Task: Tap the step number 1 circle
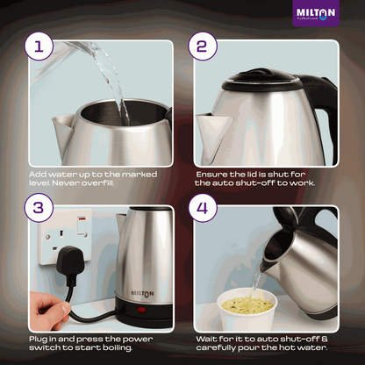37,48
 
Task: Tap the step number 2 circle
202,48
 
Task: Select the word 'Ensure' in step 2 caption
210,174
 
